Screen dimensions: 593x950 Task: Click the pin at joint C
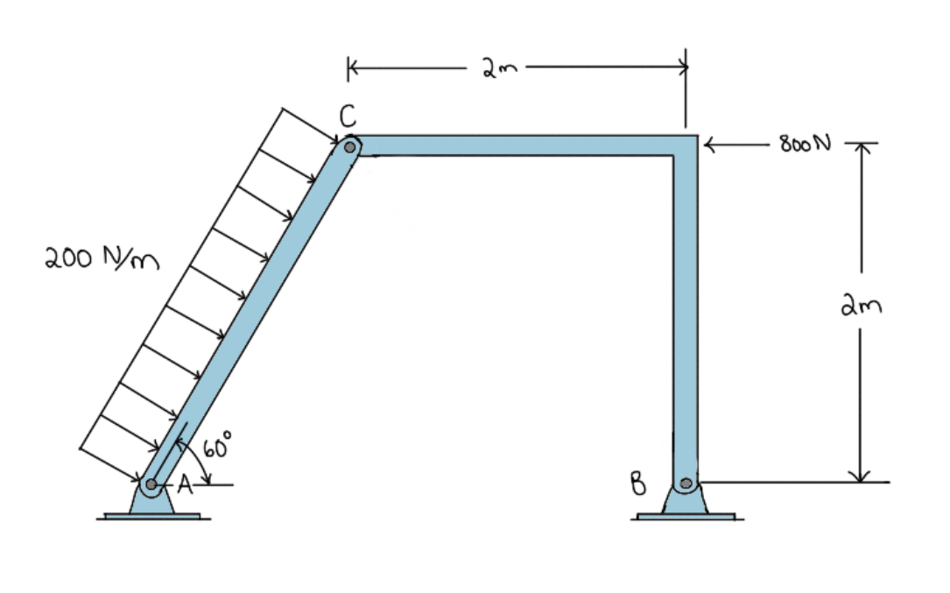click(349, 147)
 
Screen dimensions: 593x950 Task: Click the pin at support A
click(151, 484)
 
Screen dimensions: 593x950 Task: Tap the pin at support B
click(686, 483)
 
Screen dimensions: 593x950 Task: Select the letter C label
click(348, 116)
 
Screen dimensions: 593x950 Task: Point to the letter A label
click(184, 484)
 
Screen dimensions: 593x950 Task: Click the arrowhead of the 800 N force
click(710, 144)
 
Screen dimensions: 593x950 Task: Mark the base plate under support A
click(152, 516)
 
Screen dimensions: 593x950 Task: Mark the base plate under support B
click(686, 516)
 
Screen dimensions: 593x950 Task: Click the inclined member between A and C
click(250, 316)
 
